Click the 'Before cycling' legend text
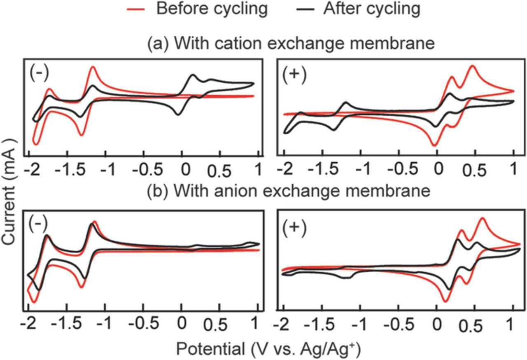(212, 9)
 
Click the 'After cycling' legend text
(372, 9)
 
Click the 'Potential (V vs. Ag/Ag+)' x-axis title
(268, 349)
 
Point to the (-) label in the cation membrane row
(40, 73)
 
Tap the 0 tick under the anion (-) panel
(181, 324)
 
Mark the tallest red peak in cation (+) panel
(473, 66)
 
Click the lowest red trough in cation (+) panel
(434, 145)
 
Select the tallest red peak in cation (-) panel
(93, 67)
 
